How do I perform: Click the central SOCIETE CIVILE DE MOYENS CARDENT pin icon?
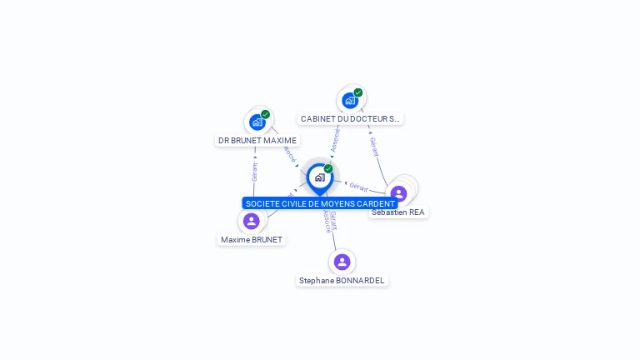coord(319,177)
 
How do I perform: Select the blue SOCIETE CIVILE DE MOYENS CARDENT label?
coord(320,203)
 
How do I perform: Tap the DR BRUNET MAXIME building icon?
coord(257,122)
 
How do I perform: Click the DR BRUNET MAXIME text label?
coord(257,141)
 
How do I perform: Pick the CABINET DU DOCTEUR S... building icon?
coord(350,100)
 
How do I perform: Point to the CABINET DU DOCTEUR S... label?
coord(350,119)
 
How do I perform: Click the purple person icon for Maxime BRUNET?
coord(252,221)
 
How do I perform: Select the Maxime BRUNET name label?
coord(252,240)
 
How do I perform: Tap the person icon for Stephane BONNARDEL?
coord(342,262)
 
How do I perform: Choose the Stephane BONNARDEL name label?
coord(342,281)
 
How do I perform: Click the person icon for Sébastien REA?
coord(398,193)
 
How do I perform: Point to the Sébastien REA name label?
coord(398,212)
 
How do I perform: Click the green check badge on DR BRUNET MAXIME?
coord(265,115)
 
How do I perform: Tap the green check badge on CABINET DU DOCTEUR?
coord(358,92)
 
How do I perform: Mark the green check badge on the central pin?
coord(328,168)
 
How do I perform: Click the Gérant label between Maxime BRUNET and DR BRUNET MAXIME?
coord(254,172)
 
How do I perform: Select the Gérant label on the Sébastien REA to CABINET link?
coord(373,147)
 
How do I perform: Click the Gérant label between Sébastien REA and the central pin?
coord(358,187)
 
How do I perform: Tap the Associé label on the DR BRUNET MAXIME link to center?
coord(289,153)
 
